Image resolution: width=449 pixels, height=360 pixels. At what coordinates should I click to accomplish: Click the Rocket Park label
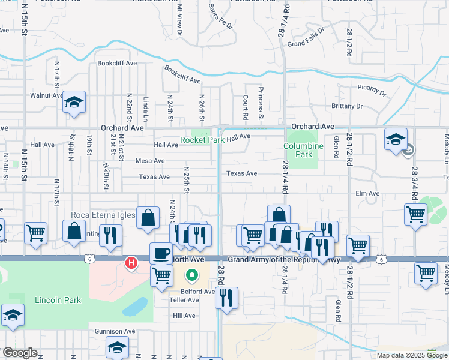pos(203,140)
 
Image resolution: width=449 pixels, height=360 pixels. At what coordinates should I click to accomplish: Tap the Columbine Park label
pos(304,150)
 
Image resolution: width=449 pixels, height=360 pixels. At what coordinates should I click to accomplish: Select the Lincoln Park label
pos(57,300)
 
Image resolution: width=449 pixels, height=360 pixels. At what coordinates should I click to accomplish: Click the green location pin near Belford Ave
pos(192,276)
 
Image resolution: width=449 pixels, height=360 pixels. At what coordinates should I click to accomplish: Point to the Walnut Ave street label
pos(47,95)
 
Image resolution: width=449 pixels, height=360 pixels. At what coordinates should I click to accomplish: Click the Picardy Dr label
pos(373,91)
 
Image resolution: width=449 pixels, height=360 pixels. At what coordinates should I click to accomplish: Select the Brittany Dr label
pos(347,106)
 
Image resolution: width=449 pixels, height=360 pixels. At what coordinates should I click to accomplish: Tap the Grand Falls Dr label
pos(305,44)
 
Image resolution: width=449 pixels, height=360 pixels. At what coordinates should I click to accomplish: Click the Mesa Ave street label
pos(150,161)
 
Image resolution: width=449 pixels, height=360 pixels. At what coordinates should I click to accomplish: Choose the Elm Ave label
pos(367,193)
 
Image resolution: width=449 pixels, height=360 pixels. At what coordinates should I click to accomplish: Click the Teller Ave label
pos(184,300)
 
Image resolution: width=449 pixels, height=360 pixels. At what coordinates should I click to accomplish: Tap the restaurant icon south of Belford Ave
pos(226,298)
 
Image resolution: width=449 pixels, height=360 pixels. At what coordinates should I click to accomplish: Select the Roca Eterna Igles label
pos(103,215)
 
